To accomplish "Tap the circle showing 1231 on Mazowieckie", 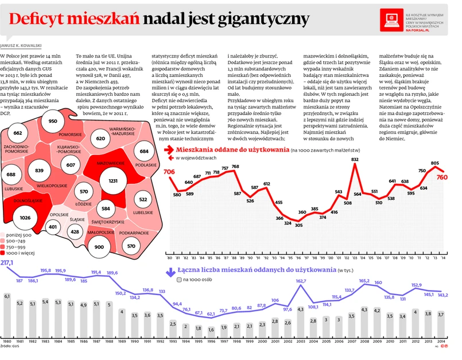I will [x=108, y=181].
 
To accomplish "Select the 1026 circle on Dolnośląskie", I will [x=25, y=218].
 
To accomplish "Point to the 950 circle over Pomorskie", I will [x=53, y=121].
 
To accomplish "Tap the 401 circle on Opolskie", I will [x=53, y=227].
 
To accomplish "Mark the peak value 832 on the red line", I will [x=355, y=159].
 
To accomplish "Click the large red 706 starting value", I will [x=169, y=172].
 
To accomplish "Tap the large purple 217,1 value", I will [x=7, y=262].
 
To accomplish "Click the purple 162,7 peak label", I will [x=301, y=281].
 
